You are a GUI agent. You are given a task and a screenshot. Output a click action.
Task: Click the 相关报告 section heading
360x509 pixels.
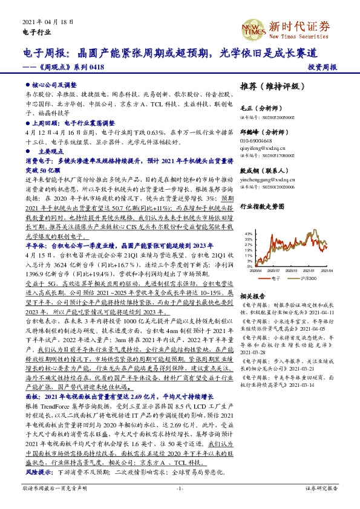point(252,297)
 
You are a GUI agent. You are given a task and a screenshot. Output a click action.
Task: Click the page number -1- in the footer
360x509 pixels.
point(180,487)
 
